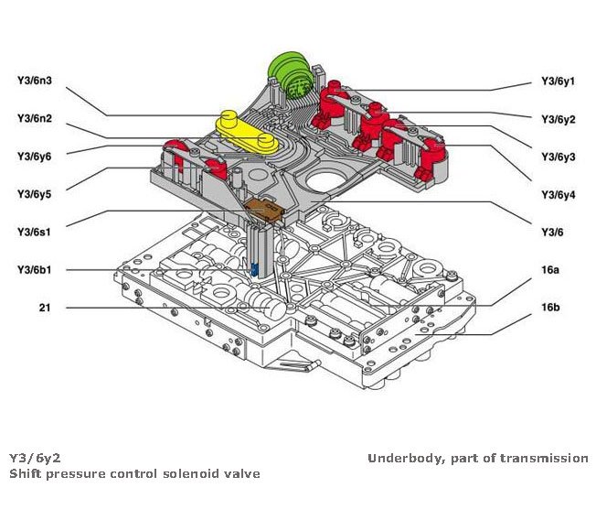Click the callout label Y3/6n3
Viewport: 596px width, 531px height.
click(x=34, y=80)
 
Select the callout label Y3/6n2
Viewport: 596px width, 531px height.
click(x=34, y=118)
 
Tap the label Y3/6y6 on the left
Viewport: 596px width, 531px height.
click(x=34, y=157)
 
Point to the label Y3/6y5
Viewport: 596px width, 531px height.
click(x=34, y=194)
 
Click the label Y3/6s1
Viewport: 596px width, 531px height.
click(x=34, y=232)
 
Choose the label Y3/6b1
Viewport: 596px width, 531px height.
click(x=34, y=269)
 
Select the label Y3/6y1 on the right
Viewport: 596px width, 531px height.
click(x=558, y=80)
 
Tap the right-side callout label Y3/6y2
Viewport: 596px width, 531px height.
click(x=558, y=118)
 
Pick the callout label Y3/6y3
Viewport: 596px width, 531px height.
click(x=558, y=157)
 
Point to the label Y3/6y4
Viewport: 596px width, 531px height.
click(x=558, y=194)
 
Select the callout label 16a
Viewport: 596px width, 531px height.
click(x=549, y=269)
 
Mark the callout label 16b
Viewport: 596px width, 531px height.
click(x=549, y=307)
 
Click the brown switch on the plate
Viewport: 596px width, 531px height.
click(x=265, y=210)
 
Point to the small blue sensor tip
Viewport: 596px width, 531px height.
click(x=255, y=269)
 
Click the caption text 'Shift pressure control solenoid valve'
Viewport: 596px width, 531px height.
click(x=134, y=473)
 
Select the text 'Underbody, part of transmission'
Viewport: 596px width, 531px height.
click(x=477, y=458)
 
